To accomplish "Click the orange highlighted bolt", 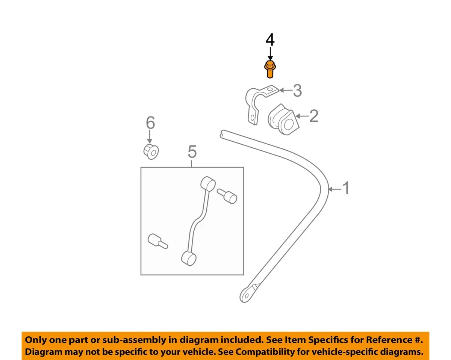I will pyautogui.click(x=269, y=70).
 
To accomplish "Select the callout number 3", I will pyautogui.click(x=297, y=91).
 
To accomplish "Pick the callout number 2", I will pyautogui.click(x=313, y=116).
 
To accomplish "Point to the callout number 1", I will pyautogui.click(x=345, y=188).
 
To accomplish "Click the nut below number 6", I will pyautogui.click(x=151, y=151).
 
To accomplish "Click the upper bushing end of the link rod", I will pyautogui.click(x=208, y=184).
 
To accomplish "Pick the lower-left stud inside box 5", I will pyautogui.click(x=157, y=241).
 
